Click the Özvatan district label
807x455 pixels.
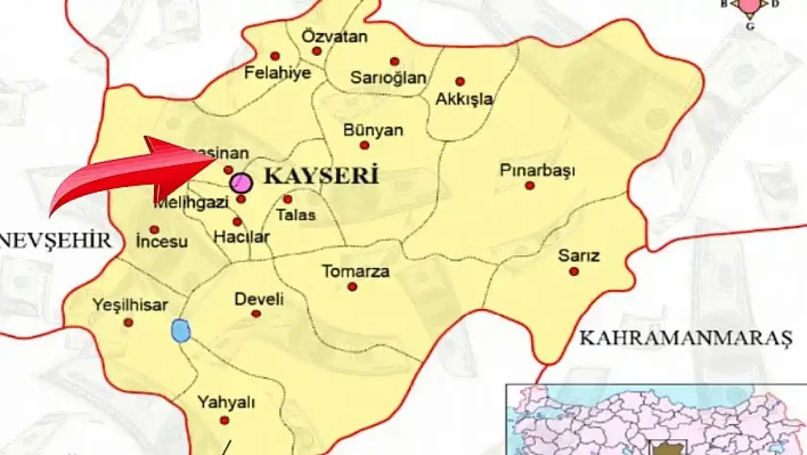(334, 36)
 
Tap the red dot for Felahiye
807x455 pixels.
(275, 56)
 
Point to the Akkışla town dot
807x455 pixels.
(460, 82)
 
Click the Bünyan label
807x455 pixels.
(373, 130)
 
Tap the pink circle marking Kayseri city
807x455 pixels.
(241, 183)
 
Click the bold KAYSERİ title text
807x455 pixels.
(321, 176)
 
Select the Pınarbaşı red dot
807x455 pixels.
(530, 186)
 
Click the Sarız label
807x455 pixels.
(579, 255)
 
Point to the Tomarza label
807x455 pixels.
(356, 271)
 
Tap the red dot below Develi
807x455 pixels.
(256, 314)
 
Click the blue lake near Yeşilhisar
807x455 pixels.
(181, 331)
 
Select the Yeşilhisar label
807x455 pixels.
(130, 305)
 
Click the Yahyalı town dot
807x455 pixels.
(224, 421)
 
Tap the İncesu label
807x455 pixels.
(161, 241)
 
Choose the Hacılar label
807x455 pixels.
(241, 236)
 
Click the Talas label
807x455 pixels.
(296, 215)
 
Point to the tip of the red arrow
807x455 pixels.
(216, 157)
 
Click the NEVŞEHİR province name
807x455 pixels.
(56, 240)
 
